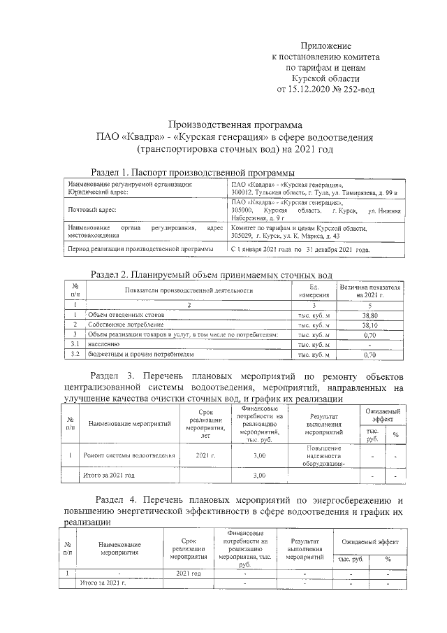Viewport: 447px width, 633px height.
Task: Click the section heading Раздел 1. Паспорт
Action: (x=140, y=172)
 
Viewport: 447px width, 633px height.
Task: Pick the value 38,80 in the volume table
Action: (x=370, y=315)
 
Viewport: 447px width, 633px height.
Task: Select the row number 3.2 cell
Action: (x=74, y=355)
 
